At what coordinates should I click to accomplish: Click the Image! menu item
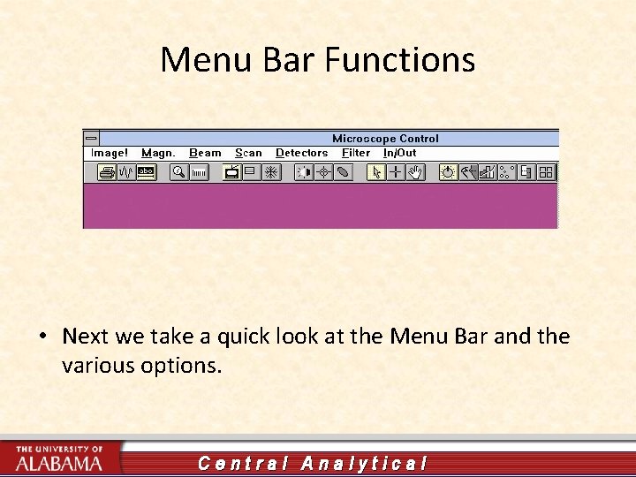(110, 153)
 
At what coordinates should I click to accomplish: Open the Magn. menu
(158, 153)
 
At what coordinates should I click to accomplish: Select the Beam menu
(205, 153)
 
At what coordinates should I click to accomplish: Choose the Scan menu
(248, 153)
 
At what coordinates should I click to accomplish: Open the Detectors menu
(301, 153)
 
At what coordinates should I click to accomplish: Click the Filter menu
(356, 153)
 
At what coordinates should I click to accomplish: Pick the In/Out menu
(399, 153)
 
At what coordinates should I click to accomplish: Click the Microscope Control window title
(385, 139)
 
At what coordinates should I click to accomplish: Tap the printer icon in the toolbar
(107, 172)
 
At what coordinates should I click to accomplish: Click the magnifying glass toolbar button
(178, 172)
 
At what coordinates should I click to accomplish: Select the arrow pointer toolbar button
(376, 172)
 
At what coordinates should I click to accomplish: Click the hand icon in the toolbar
(415, 172)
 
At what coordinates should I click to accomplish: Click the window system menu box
(91, 139)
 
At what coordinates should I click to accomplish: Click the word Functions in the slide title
(400, 60)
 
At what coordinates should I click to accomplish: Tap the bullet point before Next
(42, 337)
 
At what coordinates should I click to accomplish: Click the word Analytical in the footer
(364, 463)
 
